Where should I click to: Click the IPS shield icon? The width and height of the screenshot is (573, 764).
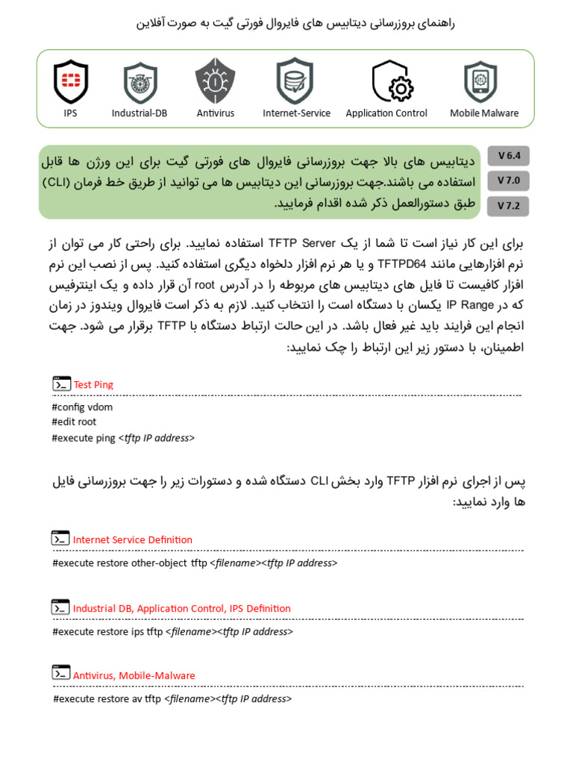(x=71, y=81)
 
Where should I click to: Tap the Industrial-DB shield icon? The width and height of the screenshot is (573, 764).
(x=140, y=81)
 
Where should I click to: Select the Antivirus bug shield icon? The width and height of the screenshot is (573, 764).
(x=215, y=81)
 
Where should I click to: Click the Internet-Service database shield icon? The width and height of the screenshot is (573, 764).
(x=295, y=81)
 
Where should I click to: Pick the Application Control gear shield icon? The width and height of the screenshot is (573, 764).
(x=391, y=81)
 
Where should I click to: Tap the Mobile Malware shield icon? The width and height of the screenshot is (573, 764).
(x=481, y=81)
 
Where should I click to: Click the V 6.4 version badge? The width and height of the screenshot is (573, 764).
(x=508, y=156)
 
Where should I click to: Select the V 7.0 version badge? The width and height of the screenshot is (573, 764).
(x=508, y=181)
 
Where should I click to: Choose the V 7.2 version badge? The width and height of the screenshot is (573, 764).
(x=508, y=206)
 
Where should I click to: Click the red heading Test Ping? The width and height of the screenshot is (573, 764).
(x=93, y=385)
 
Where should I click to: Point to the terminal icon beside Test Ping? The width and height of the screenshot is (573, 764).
(x=61, y=384)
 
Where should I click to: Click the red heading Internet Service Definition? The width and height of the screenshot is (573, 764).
(x=133, y=540)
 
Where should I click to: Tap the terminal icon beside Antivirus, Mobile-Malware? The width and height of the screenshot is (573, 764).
(x=61, y=673)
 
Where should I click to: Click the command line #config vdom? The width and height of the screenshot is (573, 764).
(x=83, y=407)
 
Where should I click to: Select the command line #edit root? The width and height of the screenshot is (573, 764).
(x=75, y=422)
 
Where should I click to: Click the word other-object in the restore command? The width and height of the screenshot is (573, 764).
(x=159, y=563)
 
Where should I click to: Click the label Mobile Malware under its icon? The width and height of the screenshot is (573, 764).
(x=484, y=113)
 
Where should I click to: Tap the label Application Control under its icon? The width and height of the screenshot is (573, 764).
(x=386, y=113)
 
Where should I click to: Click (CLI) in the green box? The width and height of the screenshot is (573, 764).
(x=66, y=181)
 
